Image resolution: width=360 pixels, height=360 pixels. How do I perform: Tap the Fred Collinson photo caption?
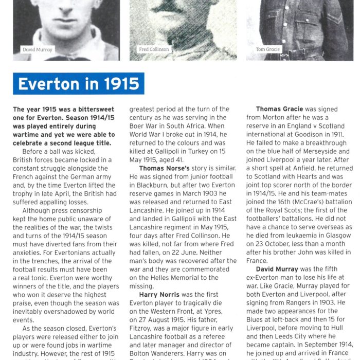153,49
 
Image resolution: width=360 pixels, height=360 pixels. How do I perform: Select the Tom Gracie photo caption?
267,49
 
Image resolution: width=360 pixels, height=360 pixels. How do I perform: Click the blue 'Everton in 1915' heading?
79,84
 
